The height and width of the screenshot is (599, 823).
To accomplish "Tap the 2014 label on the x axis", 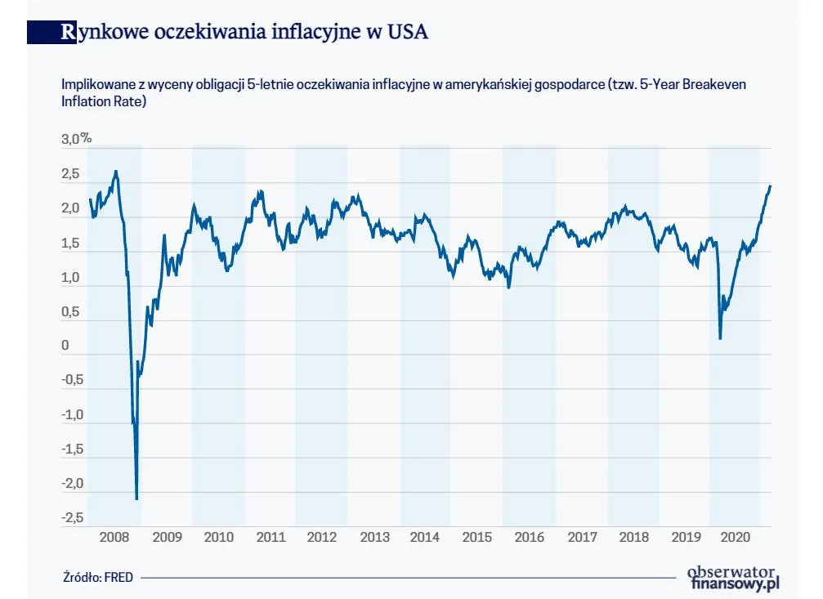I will click(x=425, y=538).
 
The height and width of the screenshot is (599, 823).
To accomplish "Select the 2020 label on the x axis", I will click(x=735, y=538).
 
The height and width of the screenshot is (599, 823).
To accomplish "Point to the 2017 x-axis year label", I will click(x=582, y=538).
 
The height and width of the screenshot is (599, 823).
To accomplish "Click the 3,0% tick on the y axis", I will click(x=76, y=140).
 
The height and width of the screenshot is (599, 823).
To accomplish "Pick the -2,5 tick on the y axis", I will click(x=72, y=517).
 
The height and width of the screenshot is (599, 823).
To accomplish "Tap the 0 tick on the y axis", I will click(x=65, y=346).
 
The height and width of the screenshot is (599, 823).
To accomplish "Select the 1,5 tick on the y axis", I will click(x=70, y=243).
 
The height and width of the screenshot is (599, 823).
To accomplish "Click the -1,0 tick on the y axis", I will click(x=72, y=414).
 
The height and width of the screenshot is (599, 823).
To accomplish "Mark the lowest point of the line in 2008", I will click(x=136, y=498).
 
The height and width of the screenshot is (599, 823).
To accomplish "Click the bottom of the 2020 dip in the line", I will click(x=720, y=338).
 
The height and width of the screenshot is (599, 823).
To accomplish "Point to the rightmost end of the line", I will click(x=770, y=186).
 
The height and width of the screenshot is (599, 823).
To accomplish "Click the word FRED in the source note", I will click(x=118, y=577).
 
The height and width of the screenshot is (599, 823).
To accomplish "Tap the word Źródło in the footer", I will click(x=81, y=577).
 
